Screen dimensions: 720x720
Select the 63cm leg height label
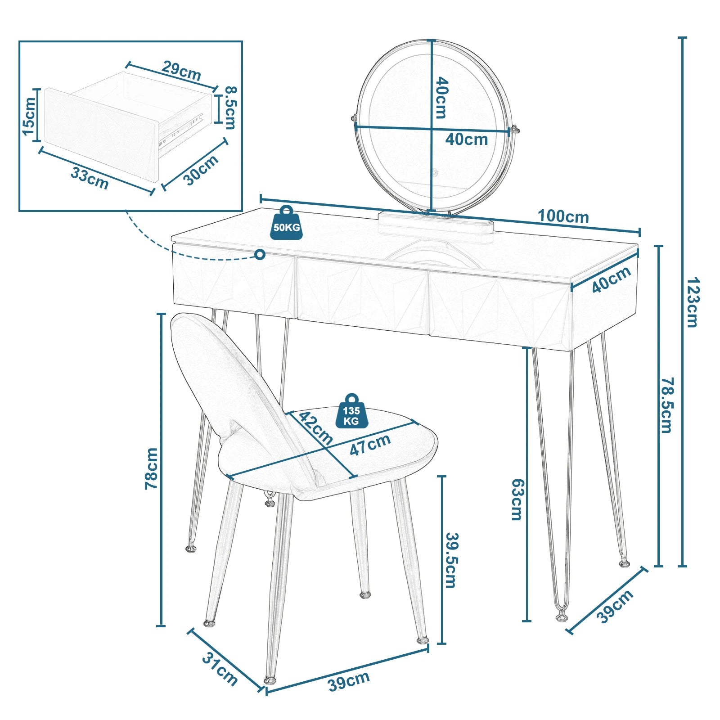517,499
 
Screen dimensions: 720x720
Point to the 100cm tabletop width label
563,217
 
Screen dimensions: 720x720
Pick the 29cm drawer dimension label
181,71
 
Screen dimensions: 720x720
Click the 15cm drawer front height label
29,116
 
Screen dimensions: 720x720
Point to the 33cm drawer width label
90,179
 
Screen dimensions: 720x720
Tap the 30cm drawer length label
201,170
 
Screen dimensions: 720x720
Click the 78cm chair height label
152,468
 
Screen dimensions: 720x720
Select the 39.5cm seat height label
451,560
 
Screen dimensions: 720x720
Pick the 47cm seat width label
370,445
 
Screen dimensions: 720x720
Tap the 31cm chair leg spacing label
219,669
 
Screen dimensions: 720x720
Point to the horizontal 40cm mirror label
467,139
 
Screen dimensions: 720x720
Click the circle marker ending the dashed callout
260,255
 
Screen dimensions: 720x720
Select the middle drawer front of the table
362,295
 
